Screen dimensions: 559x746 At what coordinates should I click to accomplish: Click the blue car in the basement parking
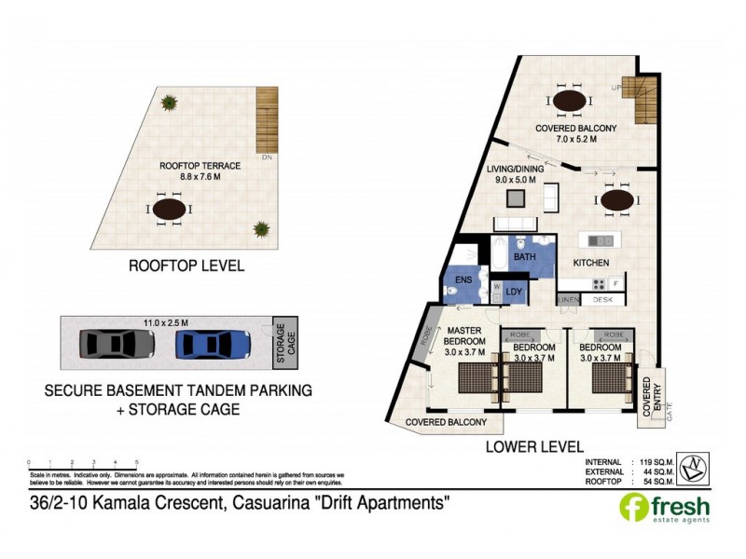point(214,344)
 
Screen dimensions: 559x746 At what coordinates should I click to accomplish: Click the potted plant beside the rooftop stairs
point(169,102)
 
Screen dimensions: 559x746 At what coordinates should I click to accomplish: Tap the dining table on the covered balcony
point(568,100)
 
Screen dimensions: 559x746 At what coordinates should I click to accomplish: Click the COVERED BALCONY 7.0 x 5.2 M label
point(575,133)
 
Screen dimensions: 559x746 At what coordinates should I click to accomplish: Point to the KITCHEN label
point(591,264)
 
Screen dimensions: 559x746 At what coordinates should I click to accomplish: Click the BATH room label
point(523,256)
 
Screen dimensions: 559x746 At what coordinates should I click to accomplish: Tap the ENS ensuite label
point(463,279)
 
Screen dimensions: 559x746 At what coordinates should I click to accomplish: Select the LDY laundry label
point(514,293)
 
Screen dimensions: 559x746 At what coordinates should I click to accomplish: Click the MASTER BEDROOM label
point(463,341)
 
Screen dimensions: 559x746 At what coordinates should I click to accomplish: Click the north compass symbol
point(693,468)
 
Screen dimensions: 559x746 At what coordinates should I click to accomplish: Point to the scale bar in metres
point(83,463)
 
